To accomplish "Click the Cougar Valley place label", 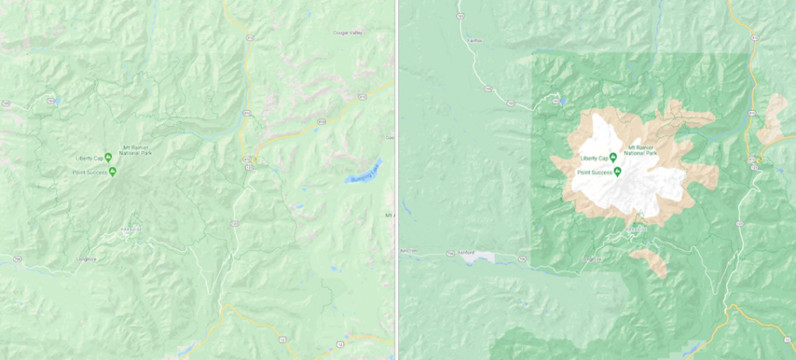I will click(x=347, y=33).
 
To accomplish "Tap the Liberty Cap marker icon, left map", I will click(x=108, y=158).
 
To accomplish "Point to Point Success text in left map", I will click(x=90, y=172).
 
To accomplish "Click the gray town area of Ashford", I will click(x=484, y=257).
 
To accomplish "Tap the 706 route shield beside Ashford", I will click(x=450, y=253).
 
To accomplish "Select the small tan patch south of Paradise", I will click(x=650, y=261).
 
